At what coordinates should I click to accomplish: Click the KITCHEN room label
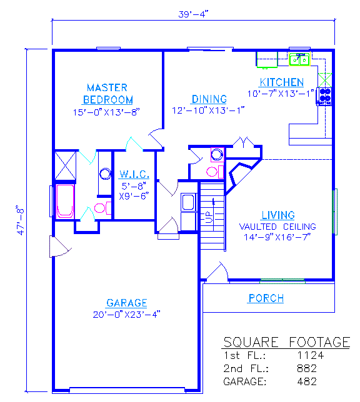coord(282,82)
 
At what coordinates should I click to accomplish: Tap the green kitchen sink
coord(299,59)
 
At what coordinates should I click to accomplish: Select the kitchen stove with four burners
coord(324,96)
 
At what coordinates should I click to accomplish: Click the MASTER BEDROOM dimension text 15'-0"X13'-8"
coord(106,112)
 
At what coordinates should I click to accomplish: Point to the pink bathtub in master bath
coord(65,202)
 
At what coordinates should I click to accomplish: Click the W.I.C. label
coord(134,174)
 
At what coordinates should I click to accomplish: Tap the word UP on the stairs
coord(208,217)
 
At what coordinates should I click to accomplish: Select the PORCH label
coord(266,298)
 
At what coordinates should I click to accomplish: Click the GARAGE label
coord(127,303)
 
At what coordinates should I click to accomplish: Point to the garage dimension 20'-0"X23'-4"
coord(127,315)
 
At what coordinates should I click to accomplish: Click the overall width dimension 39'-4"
coord(193,14)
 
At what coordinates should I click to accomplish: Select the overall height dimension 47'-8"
coord(21,220)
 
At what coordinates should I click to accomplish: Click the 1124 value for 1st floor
coord(310,355)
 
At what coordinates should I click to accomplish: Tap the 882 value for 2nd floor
coord(307,368)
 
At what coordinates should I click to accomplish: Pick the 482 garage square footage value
coord(307,381)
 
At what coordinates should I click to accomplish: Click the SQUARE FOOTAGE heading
coord(286,342)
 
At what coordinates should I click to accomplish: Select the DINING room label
coord(209,99)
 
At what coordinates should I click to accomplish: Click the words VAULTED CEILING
coord(277,227)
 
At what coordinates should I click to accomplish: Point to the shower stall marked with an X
coord(66,165)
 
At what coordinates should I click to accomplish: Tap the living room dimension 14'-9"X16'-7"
coord(277,237)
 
